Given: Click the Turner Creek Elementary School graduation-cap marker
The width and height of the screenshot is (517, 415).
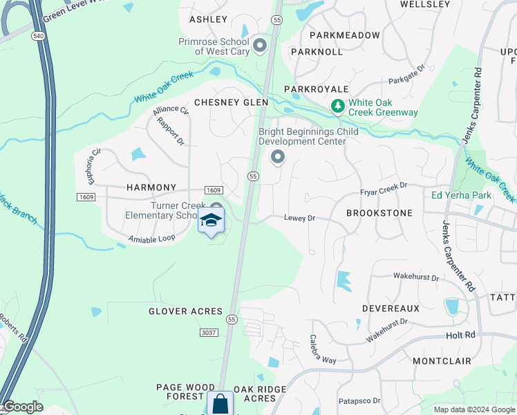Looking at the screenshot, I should click(211, 221).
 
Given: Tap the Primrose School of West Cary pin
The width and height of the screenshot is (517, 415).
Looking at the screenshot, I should click(260, 46).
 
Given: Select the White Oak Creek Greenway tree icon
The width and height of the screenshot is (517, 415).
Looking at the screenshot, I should click(338, 107).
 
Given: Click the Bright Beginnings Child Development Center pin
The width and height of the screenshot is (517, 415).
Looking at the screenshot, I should click(278, 158).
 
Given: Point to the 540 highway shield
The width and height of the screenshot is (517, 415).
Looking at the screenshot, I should click(37, 34).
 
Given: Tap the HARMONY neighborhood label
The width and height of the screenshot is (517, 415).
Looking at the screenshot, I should click(152, 187).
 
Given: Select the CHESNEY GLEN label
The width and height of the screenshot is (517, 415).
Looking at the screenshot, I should click(231, 102).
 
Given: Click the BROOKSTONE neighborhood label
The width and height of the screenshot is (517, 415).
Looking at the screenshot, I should click(379, 213).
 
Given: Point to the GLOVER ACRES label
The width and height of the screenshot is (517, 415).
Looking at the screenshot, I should click(186, 311).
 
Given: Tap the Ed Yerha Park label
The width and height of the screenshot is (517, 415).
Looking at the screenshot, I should click(461, 195).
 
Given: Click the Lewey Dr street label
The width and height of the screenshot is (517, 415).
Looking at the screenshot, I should click(299, 218).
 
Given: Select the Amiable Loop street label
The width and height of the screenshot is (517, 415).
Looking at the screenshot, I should click(152, 239).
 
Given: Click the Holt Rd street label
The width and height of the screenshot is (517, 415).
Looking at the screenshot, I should click(461, 335).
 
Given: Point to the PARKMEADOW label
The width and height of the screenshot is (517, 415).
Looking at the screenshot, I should click(345, 35).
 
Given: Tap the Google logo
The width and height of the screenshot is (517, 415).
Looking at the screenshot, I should click(23, 407).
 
